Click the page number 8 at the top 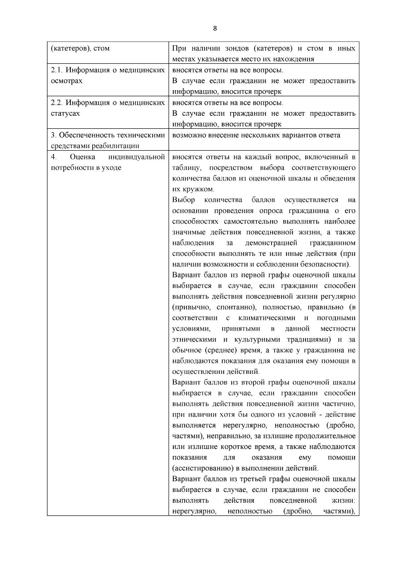215,28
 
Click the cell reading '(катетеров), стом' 80,48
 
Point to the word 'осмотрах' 66,81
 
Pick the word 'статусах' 66,113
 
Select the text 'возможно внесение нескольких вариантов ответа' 256,135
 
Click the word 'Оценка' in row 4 82,156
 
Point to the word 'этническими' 194,340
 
